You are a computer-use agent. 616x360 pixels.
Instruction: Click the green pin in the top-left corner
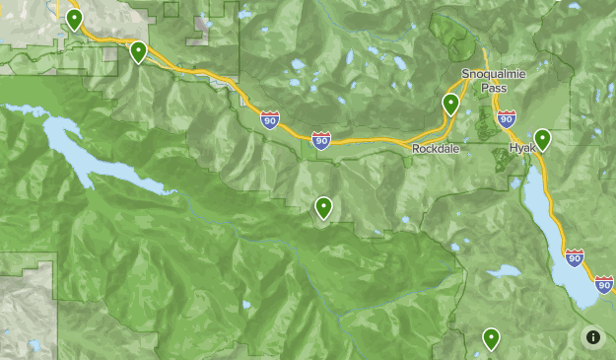click(x=74, y=20)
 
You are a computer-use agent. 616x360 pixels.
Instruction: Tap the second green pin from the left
click(x=139, y=50)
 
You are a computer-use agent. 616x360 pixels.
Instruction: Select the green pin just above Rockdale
click(x=451, y=104)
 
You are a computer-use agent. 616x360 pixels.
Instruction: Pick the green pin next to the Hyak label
click(x=542, y=139)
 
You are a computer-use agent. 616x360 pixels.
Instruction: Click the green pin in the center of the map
click(x=323, y=207)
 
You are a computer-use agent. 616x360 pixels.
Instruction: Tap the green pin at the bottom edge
click(x=490, y=339)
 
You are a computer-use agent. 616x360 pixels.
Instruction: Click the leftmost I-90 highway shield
click(x=270, y=120)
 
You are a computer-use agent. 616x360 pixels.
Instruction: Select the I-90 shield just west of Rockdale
click(x=320, y=141)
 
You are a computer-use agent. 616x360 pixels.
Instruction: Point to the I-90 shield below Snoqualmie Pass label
click(x=507, y=119)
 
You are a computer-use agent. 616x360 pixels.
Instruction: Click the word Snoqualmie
click(x=495, y=74)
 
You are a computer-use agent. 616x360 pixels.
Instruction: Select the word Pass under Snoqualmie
click(x=495, y=88)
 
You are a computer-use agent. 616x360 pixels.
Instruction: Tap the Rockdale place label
click(x=437, y=148)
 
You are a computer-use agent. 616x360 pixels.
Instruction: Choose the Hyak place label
click(x=521, y=148)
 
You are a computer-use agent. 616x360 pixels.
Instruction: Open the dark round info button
click(x=592, y=336)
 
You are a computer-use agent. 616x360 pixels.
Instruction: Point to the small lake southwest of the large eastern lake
click(x=504, y=270)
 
